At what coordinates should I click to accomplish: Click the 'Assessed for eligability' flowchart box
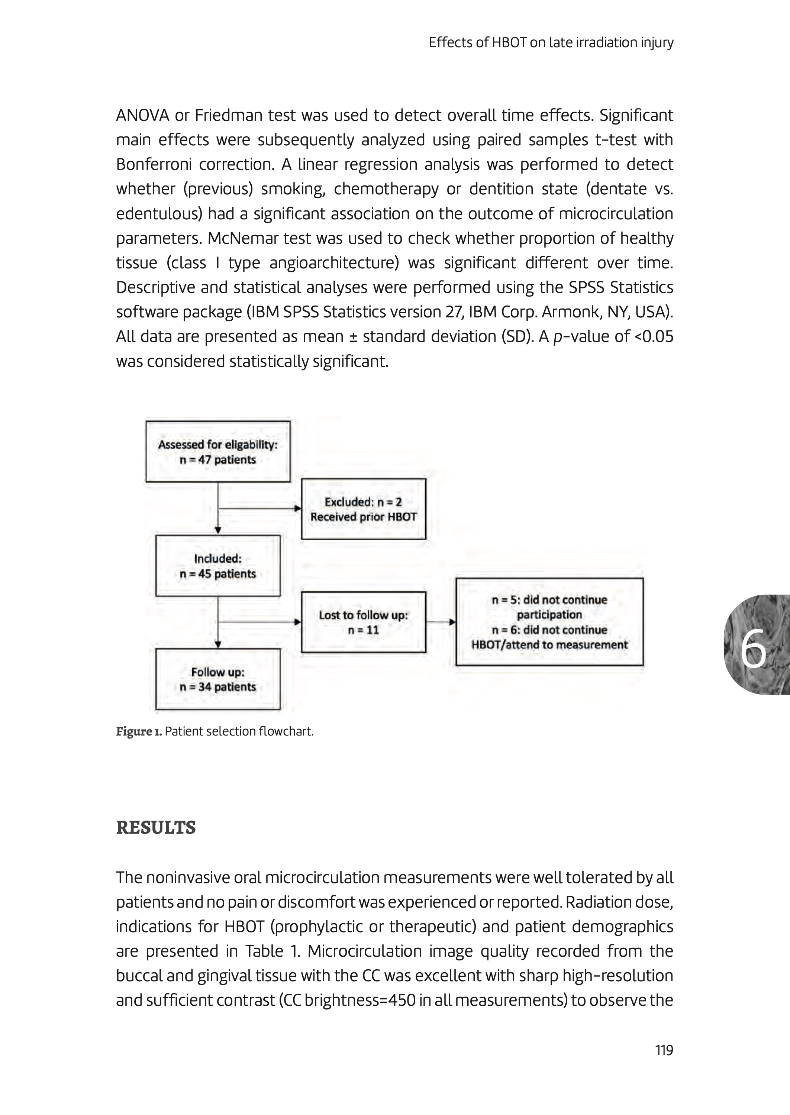[x=217, y=451]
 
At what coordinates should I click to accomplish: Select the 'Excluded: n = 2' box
[x=363, y=509]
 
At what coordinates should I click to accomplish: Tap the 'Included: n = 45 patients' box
[x=217, y=566]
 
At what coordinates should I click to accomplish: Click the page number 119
[x=664, y=1050]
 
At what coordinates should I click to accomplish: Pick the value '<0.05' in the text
[x=654, y=336]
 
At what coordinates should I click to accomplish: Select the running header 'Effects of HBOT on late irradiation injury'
[x=551, y=43]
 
